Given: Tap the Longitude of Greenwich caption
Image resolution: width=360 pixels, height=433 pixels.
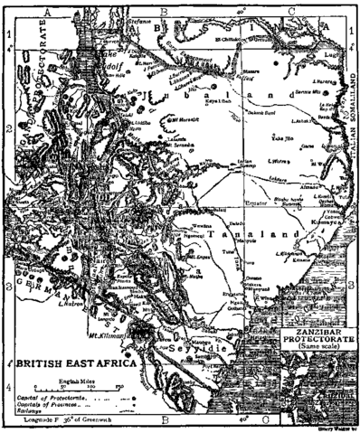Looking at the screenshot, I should pos(86,420).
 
